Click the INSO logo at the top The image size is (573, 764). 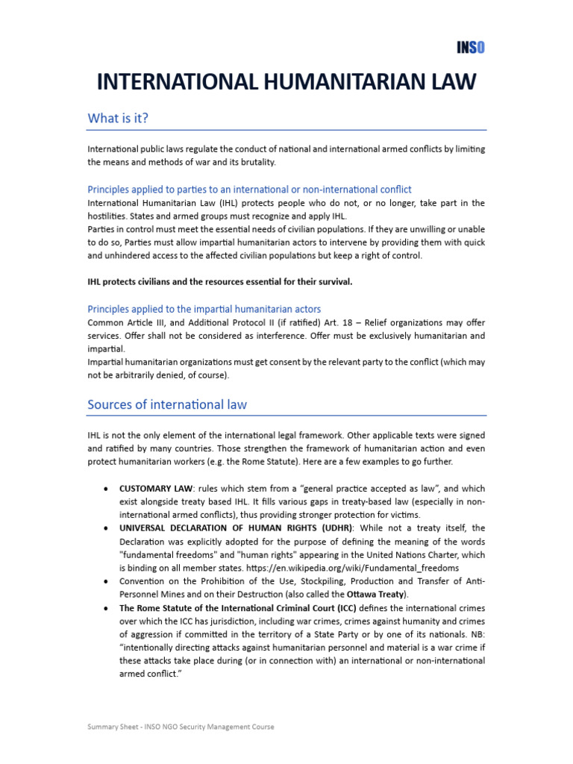pyautogui.click(x=471, y=48)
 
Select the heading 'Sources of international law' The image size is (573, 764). pyautogui.click(x=167, y=404)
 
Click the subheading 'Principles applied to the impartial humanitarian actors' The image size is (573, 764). pyautogui.click(x=204, y=309)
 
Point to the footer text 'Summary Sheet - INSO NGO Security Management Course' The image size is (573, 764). pyautogui.click(x=181, y=727)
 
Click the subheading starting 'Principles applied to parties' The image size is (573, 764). pyautogui.click(x=249, y=190)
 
